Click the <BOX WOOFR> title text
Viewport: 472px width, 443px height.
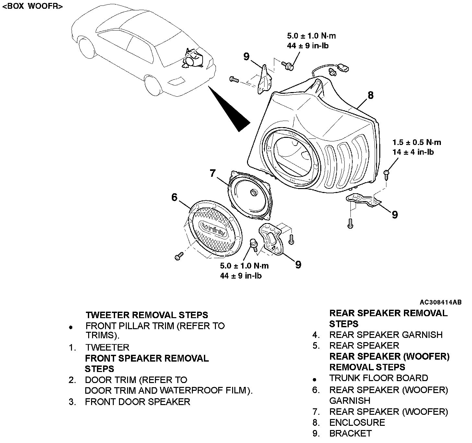(x=32, y=6)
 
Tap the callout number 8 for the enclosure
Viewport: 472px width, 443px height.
(x=371, y=95)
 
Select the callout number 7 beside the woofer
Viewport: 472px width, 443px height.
(x=212, y=174)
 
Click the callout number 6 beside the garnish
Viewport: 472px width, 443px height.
(x=175, y=197)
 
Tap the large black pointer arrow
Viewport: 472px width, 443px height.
(x=230, y=110)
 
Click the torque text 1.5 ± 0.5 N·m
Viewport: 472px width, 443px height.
(x=417, y=142)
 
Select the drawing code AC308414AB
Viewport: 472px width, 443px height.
(x=441, y=302)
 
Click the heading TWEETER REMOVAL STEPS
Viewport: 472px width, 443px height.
(x=147, y=315)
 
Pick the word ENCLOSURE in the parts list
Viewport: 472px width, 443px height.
(x=357, y=423)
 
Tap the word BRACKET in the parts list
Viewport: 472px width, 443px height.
(x=350, y=433)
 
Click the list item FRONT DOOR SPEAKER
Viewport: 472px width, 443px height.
(x=137, y=402)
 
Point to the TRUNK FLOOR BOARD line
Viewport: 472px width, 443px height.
(x=379, y=378)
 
